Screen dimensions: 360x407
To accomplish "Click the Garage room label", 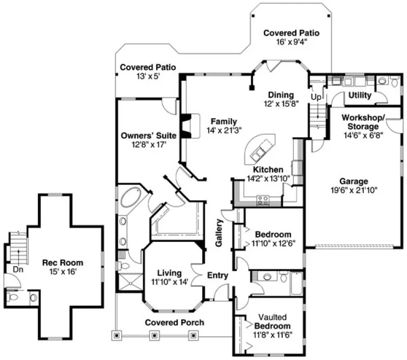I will (354, 181).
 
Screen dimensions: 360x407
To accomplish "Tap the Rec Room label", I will (63, 263).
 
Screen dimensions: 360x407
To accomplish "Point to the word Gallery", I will (219, 234).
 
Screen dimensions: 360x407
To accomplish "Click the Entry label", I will (218, 276).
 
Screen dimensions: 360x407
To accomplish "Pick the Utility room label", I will (360, 95).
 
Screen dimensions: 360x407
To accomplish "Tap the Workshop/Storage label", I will (363, 123).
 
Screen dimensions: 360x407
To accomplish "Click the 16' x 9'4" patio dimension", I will (291, 42).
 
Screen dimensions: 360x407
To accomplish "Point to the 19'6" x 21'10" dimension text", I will (354, 190).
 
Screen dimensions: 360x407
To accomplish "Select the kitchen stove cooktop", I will (263, 200).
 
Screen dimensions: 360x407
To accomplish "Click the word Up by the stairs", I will (316, 97).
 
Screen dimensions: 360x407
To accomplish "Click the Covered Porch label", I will (175, 323).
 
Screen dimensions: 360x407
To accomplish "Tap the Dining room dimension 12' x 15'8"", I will (281, 104).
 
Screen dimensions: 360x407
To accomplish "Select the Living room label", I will (169, 273).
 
